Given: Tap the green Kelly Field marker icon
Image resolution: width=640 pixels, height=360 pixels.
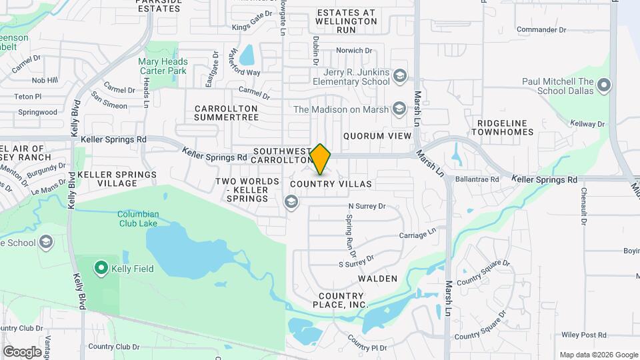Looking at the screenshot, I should point(101,269).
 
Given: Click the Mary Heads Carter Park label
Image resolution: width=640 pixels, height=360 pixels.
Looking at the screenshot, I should point(163,67).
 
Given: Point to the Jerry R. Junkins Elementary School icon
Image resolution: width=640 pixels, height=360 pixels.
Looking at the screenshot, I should point(399,75).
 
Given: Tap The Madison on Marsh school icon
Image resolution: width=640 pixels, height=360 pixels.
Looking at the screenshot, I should point(399,109).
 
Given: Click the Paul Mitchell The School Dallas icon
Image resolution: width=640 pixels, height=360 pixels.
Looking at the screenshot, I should point(604,86).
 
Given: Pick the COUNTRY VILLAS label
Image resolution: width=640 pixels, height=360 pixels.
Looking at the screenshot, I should point(331,183).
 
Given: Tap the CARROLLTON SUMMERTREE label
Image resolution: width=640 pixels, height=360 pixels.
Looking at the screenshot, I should point(226,113).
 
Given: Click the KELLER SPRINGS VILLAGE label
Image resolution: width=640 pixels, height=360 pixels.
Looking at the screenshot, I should point(117,179).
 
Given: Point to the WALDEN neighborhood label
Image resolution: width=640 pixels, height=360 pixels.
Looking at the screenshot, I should point(377,279).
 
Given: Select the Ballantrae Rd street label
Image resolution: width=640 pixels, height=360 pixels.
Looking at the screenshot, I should point(477,179).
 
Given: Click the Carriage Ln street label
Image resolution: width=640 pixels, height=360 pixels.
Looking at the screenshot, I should point(417,235).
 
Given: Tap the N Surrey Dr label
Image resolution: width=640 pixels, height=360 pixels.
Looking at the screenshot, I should point(367,206).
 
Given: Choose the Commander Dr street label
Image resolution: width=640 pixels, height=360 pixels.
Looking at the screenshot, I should point(541,30).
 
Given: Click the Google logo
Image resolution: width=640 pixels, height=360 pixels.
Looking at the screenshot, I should point(22,351).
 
